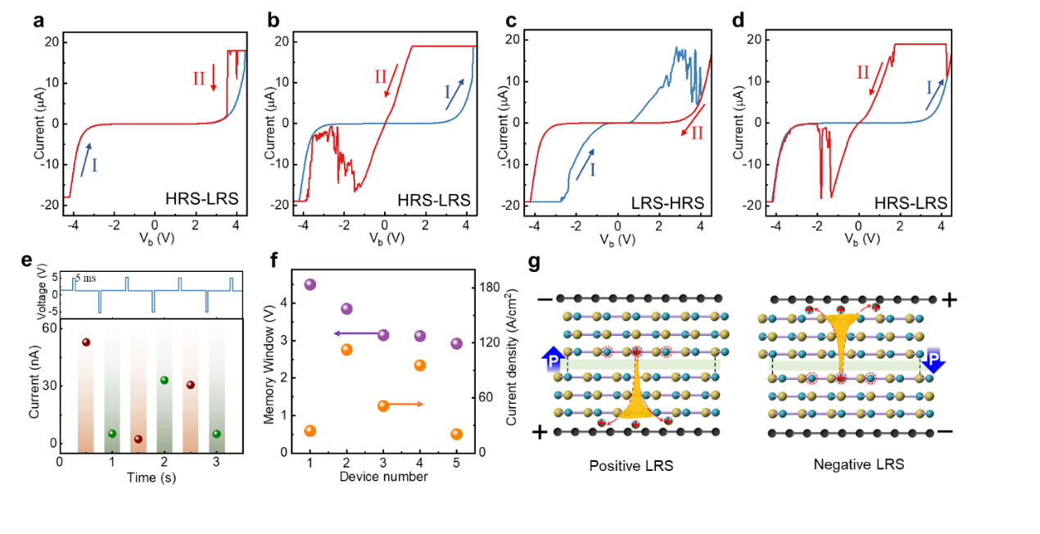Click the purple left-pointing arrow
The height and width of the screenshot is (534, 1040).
pyautogui.click(x=355, y=333)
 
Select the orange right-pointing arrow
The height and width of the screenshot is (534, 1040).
pyautogui.click(x=407, y=404)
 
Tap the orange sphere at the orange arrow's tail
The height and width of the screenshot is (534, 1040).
pyautogui.click(x=383, y=405)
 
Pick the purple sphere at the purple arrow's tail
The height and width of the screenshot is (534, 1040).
pyautogui.click(x=383, y=335)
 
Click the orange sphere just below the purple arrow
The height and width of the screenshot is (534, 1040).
pyautogui.click(x=346, y=350)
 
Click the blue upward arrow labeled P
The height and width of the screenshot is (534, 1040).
pyautogui.click(x=554, y=360)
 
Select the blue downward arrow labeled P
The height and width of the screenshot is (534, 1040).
pyautogui.click(x=933, y=360)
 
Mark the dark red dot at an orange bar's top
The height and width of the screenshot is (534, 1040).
pyautogui.click(x=86, y=342)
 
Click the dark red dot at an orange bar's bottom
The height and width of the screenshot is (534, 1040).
pyautogui.click(x=138, y=439)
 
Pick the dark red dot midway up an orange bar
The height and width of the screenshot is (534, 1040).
pyautogui.click(x=190, y=385)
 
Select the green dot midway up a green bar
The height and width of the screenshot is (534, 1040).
pyautogui.click(x=164, y=380)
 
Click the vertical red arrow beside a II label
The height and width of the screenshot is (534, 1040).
pyautogui.click(x=214, y=78)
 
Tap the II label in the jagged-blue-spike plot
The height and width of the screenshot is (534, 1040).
pyautogui.click(x=697, y=133)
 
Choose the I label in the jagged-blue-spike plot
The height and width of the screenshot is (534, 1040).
pyautogui.click(x=592, y=170)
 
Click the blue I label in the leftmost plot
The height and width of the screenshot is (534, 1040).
pyautogui.click(x=94, y=165)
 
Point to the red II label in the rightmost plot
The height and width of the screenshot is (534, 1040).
pyautogui.click(x=862, y=72)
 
